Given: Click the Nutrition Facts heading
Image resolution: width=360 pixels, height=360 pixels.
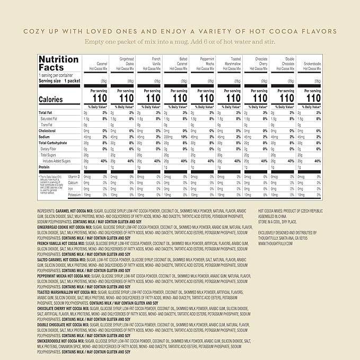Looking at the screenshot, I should (59, 64).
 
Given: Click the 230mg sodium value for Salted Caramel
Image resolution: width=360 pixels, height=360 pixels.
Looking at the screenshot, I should (170, 137).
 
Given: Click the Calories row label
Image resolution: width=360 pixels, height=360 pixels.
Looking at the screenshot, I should (50, 100).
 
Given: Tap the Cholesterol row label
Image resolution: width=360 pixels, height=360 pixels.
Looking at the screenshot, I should (48, 131).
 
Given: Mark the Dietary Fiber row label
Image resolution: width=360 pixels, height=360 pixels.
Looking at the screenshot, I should (52, 149).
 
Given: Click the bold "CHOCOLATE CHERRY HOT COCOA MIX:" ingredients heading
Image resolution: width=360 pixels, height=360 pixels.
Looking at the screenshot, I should (64, 308).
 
